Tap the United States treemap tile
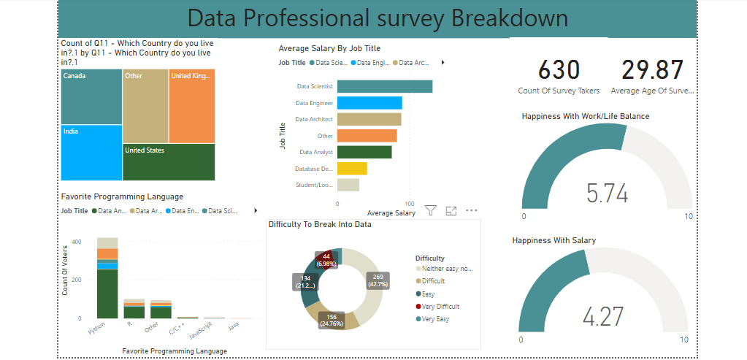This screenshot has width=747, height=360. (x=169, y=161)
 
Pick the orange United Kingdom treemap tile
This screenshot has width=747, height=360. (x=192, y=106)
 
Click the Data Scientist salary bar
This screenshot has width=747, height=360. (x=385, y=87)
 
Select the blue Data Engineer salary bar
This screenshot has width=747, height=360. (x=369, y=103)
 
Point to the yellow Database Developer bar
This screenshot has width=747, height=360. (x=352, y=169)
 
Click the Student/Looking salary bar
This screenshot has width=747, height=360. (x=348, y=185)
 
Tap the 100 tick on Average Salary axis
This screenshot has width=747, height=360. (x=410, y=204)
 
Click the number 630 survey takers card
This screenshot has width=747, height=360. (x=559, y=70)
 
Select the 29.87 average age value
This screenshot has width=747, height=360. (x=653, y=70)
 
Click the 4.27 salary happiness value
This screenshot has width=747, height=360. (x=602, y=318)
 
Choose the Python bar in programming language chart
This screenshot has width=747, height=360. (x=107, y=277)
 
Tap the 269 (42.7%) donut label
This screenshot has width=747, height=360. (x=378, y=281)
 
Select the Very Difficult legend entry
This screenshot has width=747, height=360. (x=441, y=307)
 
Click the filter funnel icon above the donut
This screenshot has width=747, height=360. (x=431, y=210)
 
